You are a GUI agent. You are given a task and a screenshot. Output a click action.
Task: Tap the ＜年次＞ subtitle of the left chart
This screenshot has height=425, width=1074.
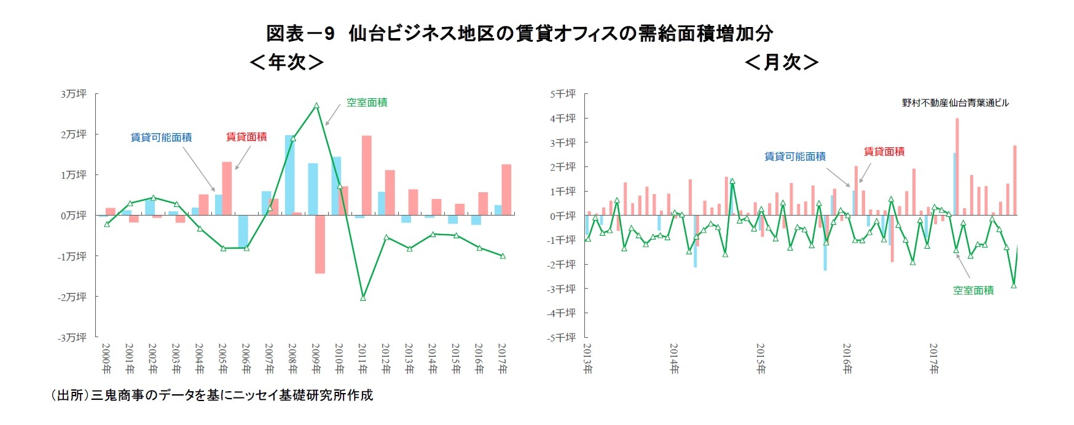coord(286,62)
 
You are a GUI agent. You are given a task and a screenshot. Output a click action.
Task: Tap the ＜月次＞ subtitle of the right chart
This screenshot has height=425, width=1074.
coord(781,62)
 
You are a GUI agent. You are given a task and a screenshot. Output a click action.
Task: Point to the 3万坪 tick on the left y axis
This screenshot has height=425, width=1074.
coord(74,94)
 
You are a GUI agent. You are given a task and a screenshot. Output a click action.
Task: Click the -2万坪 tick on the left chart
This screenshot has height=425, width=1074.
coord(73,297)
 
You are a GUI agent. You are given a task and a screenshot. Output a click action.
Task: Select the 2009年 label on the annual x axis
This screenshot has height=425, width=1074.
coord(316,359)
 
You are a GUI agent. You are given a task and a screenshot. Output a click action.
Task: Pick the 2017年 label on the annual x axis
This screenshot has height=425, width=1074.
coord(502,359)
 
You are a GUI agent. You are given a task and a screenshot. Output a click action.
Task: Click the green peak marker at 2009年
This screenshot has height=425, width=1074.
coord(316,106)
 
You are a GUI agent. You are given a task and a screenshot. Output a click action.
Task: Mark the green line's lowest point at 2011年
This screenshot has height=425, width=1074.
coord(363,298)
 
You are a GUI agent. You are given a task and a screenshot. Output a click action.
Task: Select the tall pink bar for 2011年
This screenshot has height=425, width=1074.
coord(367,175)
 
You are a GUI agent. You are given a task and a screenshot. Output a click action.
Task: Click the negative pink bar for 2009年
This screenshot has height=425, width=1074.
coord(320,244)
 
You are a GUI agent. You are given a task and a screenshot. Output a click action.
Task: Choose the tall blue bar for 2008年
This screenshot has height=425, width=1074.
coord(289,175)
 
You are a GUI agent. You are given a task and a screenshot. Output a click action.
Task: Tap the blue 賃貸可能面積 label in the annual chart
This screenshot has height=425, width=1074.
coord(161,138)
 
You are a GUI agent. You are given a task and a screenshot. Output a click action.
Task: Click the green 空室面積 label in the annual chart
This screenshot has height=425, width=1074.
coord(367,103)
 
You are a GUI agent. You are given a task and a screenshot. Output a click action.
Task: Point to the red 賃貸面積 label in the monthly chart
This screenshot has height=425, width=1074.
coord(884,151)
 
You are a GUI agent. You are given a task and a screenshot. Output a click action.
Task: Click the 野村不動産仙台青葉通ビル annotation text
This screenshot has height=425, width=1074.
coord(955,103)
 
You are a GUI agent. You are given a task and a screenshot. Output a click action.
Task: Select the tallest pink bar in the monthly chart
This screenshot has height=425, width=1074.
coord(957,166)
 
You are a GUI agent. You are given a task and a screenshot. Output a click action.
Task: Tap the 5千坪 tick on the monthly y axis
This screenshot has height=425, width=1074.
coord(563,94)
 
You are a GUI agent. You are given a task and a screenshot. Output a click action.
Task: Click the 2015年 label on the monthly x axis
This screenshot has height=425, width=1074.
coord(761,359)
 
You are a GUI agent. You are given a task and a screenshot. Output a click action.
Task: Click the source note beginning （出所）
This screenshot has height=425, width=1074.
coord(211,395)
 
